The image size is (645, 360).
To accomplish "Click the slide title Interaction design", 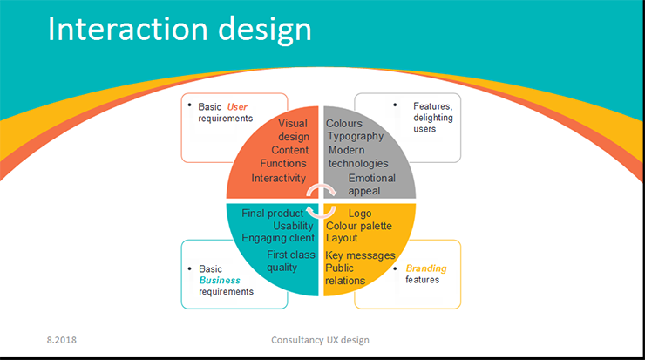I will click(x=179, y=30).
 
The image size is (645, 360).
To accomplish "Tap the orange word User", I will click(x=238, y=107).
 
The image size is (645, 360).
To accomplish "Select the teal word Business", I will click(x=220, y=281).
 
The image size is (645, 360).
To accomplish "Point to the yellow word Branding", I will click(x=426, y=268).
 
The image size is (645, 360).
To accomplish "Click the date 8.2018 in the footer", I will click(x=62, y=338).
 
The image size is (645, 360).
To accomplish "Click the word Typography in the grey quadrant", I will click(x=355, y=137).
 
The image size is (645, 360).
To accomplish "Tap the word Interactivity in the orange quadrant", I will click(x=279, y=178).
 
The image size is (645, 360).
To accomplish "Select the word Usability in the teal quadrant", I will click(x=293, y=226).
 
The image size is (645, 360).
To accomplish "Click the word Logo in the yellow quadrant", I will click(x=360, y=213).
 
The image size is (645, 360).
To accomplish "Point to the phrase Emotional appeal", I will click(x=371, y=185).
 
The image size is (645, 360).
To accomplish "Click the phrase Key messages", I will click(x=360, y=255).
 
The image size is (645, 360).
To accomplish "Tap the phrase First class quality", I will click(x=290, y=261).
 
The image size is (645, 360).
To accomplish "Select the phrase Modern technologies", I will click(x=357, y=157).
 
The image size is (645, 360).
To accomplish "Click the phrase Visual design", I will click(x=293, y=130).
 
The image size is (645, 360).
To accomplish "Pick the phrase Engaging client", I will click(x=278, y=238).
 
